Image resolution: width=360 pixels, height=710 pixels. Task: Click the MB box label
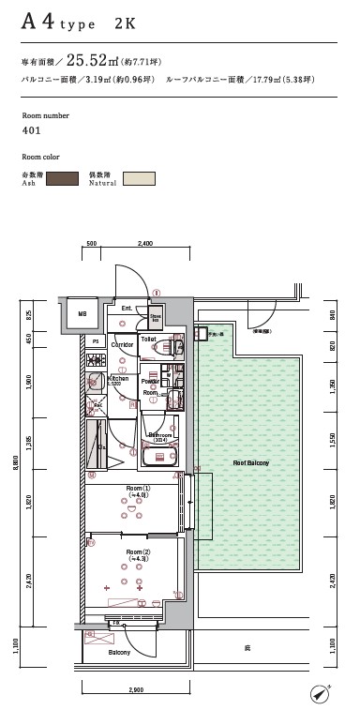(82, 314)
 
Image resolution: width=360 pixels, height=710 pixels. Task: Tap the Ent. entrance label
(127, 308)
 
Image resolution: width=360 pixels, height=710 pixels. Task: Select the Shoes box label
(157, 319)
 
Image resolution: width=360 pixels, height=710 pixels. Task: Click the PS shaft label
(95, 341)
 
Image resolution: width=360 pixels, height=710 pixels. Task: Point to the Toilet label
(147, 339)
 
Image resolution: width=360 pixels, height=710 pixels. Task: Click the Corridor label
(123, 345)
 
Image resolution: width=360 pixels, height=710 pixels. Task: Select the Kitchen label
(118, 379)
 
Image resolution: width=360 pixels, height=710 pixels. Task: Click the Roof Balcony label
(251, 463)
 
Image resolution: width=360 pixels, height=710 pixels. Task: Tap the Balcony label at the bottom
(119, 651)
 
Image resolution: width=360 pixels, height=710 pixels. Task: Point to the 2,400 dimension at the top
(145, 243)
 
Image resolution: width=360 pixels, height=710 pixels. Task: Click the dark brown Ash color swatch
(61, 178)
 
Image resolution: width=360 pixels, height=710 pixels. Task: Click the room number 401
(30, 130)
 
